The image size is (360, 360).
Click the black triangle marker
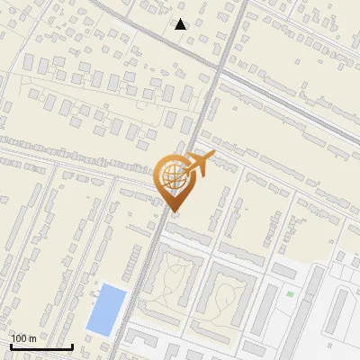(x=181, y=24)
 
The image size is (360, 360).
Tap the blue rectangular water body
(x=106, y=308)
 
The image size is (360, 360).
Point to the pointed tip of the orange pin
(x=173, y=211)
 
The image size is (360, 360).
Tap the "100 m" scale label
(x=23, y=337)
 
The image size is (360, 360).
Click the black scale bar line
(x=41, y=346)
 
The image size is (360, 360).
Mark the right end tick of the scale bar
(x=72, y=345)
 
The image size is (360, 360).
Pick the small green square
(x=290, y=293)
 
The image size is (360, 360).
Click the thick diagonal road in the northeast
(x=288, y=107)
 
